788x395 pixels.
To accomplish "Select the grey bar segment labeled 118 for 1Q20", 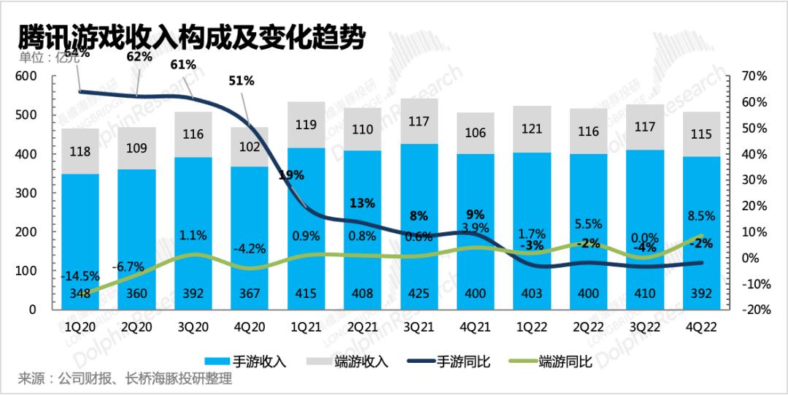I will [x=81, y=151].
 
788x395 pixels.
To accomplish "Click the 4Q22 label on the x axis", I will [x=701, y=328].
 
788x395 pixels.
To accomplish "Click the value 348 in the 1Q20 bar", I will [x=81, y=294].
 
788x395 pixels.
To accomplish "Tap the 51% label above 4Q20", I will [x=242, y=81].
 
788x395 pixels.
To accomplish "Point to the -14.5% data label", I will [x=81, y=277].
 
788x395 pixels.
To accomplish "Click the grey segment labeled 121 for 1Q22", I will [x=532, y=129].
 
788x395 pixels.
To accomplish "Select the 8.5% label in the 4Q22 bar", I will [x=701, y=215].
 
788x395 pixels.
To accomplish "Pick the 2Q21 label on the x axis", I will [x=363, y=328].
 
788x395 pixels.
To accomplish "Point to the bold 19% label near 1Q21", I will [x=291, y=175].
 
